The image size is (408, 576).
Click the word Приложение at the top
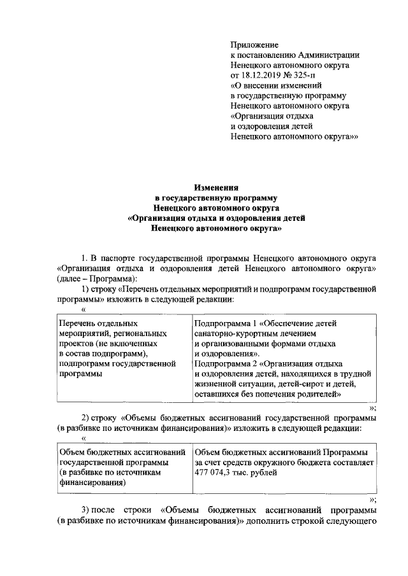pos(254,45)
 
